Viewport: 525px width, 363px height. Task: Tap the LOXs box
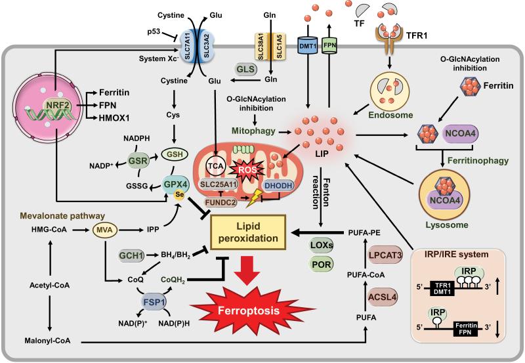point(321,245)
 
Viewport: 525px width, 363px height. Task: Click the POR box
point(321,265)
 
